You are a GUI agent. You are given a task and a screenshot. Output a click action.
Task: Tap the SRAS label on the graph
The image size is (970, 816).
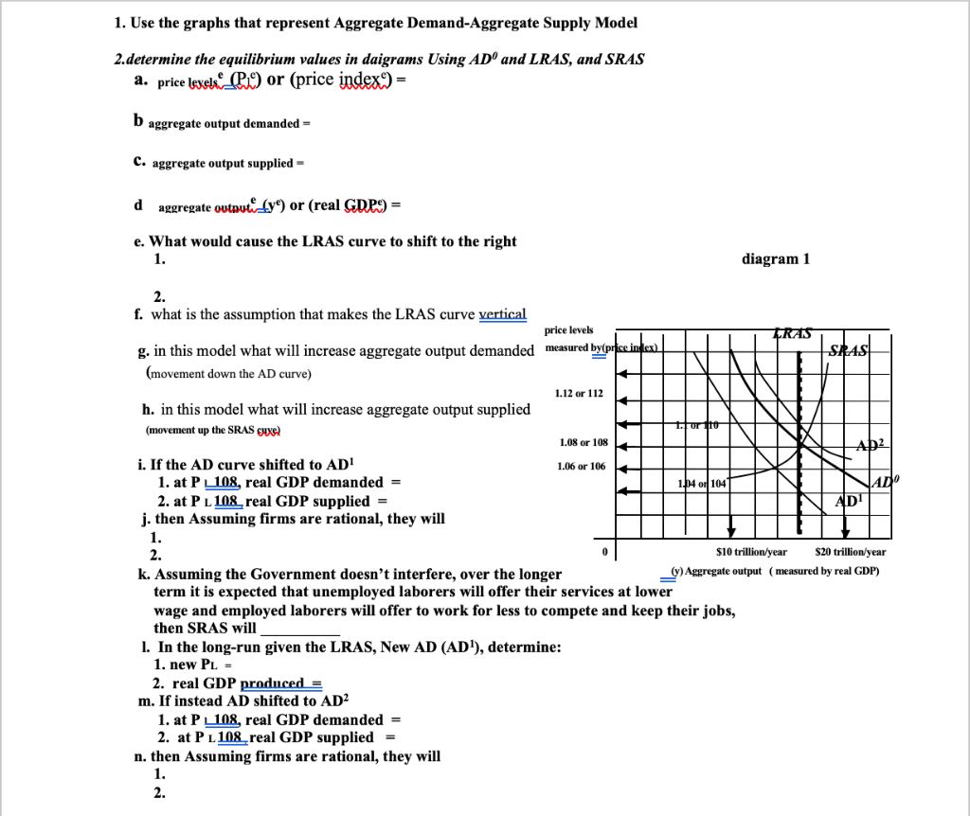847,351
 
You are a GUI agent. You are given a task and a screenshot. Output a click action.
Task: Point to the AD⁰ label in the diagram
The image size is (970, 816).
880,483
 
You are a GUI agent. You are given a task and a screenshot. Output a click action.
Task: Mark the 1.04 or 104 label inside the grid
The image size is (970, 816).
701,483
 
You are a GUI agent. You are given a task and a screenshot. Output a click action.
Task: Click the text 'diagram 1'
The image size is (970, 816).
778,259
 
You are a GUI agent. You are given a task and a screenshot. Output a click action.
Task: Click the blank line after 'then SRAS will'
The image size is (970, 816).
299,628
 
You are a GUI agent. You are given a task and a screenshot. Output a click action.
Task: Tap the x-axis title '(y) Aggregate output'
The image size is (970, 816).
715,571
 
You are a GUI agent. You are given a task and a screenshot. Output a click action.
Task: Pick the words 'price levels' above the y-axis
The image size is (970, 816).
569,329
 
